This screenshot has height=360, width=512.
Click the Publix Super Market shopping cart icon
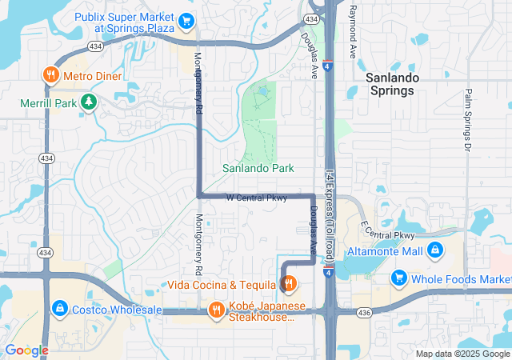186,21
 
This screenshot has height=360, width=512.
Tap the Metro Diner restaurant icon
50,75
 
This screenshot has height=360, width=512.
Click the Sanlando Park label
258,168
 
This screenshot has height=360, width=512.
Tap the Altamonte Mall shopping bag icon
434,251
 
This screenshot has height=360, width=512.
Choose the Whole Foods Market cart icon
398,278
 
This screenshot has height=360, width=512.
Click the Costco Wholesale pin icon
58,308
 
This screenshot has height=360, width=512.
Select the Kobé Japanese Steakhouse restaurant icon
216,309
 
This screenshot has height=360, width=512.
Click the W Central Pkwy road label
255,198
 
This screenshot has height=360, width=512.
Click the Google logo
26,350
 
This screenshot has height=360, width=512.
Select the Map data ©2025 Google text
461,354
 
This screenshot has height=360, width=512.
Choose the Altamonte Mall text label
385,251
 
